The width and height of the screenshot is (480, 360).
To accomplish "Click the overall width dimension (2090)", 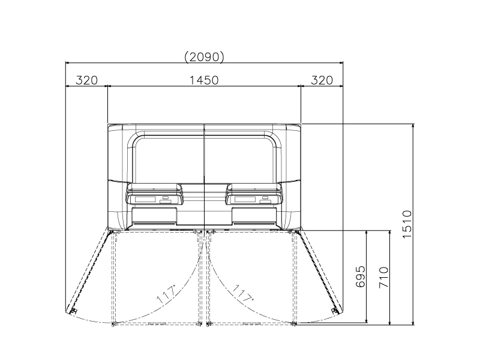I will (204, 57).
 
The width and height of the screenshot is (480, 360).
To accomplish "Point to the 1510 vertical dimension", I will (406, 225).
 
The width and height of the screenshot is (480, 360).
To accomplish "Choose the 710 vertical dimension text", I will (384, 278).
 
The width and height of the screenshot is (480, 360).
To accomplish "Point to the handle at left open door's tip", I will (72, 310).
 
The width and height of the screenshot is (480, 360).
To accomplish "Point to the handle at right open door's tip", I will (335, 310).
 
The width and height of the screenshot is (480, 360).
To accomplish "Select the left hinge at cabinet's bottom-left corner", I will (111, 230).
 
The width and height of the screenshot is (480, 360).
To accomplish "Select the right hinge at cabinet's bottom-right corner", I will (297, 230).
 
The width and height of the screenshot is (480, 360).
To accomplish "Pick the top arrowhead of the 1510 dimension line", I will (413, 127).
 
